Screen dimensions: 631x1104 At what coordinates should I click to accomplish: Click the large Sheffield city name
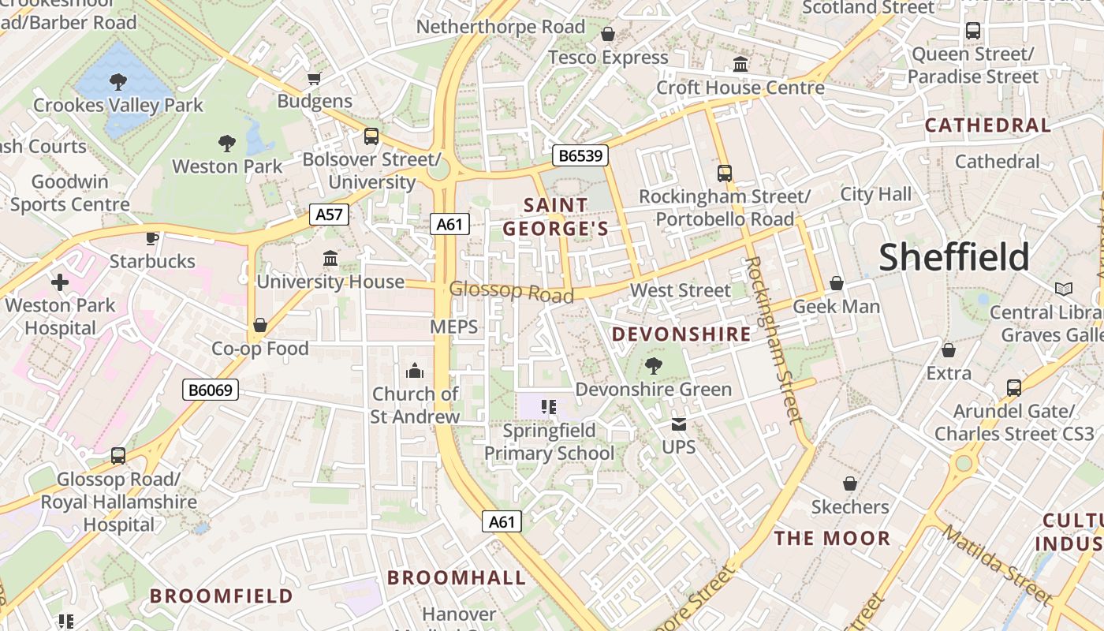click(x=954, y=257)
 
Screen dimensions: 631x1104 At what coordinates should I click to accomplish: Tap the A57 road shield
click(x=328, y=215)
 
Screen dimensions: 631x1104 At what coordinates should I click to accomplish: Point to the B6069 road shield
click(x=211, y=390)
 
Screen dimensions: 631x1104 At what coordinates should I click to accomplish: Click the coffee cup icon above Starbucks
click(x=152, y=238)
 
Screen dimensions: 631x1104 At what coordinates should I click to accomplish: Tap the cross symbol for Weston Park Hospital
click(x=60, y=282)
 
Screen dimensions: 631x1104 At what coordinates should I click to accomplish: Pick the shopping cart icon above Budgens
click(x=314, y=78)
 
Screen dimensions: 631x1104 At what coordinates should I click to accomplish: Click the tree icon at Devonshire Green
click(x=653, y=365)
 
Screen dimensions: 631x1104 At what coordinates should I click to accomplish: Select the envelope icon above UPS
click(x=678, y=424)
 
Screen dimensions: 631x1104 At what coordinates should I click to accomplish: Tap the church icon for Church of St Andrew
click(x=415, y=371)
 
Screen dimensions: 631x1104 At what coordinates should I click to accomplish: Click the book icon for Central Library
click(x=1064, y=289)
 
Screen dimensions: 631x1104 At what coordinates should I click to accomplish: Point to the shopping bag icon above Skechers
click(x=850, y=484)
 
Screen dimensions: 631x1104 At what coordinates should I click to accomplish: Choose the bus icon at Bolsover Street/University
click(x=371, y=136)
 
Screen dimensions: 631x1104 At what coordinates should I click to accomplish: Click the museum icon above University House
click(x=330, y=258)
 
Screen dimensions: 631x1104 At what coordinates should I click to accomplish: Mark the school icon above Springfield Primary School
click(x=549, y=407)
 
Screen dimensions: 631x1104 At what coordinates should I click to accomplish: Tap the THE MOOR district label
click(x=832, y=539)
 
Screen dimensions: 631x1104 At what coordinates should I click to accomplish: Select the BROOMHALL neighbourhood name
click(x=457, y=577)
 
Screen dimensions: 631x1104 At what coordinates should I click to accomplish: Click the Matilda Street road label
click(x=996, y=566)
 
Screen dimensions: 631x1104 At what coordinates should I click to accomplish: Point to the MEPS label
click(x=454, y=327)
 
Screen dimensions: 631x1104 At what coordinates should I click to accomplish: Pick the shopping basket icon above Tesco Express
click(x=608, y=34)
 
